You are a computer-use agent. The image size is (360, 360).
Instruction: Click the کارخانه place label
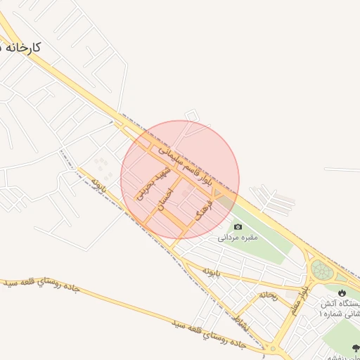21,47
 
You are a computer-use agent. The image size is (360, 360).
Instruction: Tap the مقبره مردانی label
238,238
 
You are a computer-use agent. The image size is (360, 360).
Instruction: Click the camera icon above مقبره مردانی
238,226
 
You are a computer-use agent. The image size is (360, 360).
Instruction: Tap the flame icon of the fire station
342,293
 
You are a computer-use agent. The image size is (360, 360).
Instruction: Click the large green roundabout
322,269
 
